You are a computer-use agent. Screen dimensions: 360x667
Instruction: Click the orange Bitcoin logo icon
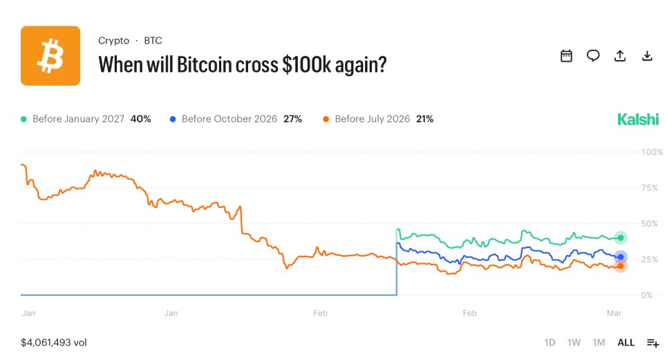click(x=50, y=56)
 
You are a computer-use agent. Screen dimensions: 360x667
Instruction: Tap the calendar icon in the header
click(x=566, y=56)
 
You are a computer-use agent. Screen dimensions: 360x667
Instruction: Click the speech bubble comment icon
click(x=593, y=56)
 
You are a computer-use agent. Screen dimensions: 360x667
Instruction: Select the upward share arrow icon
click(x=620, y=56)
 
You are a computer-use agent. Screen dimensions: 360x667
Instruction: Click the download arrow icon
click(x=647, y=56)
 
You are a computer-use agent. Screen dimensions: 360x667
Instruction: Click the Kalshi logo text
click(x=638, y=119)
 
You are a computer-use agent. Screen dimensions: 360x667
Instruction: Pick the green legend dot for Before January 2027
click(x=24, y=120)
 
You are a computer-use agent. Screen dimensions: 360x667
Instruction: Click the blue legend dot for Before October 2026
click(x=173, y=120)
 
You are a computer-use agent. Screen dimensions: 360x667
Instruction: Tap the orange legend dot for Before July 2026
click(x=326, y=120)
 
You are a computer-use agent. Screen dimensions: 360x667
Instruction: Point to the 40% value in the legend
click(x=140, y=119)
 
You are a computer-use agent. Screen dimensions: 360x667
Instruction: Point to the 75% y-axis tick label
click(x=650, y=187)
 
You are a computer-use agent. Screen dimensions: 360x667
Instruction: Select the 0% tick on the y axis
click(x=648, y=295)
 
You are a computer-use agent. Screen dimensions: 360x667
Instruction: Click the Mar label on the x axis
click(x=614, y=314)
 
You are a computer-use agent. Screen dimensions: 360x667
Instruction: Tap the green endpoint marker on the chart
click(x=621, y=238)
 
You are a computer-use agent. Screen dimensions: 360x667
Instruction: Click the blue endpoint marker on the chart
click(x=621, y=257)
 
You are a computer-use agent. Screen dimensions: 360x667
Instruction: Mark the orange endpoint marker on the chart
click(x=621, y=266)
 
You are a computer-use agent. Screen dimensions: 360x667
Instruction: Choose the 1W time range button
click(x=574, y=343)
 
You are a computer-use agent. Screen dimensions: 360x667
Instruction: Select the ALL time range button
click(x=626, y=343)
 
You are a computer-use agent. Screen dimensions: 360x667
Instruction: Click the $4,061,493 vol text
click(x=54, y=342)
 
